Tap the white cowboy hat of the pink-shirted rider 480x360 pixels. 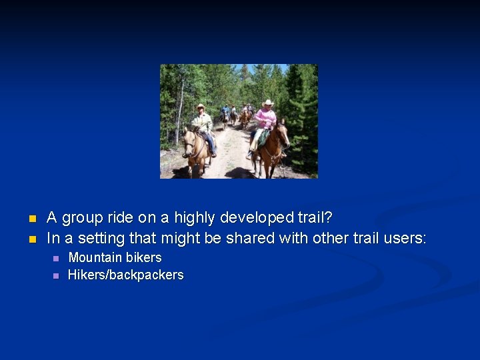tap(268, 103)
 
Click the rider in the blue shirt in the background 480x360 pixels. tap(226, 110)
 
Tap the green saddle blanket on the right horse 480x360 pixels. tap(263, 137)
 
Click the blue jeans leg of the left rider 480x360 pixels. tap(210, 141)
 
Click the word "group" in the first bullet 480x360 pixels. tap(83, 218)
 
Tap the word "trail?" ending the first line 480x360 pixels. tap(314, 218)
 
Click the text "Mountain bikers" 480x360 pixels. tap(115, 257)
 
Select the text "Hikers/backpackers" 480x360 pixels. tap(125, 275)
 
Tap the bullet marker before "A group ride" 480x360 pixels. tap(31, 219)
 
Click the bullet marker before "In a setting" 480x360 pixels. tap(31, 239)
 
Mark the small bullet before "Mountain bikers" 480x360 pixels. tap(56, 258)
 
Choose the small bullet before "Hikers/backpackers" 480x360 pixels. tap(56, 275)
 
